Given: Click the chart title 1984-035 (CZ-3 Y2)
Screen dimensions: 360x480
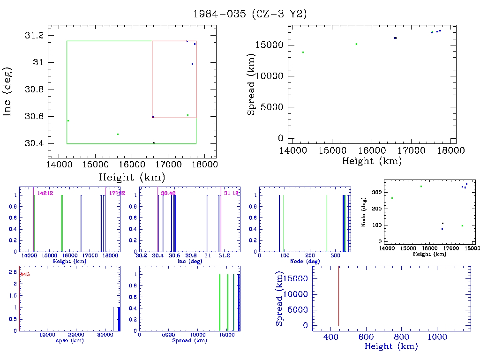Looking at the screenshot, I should coord(250,14).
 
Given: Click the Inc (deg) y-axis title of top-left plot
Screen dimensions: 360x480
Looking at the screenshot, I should coord(8,91).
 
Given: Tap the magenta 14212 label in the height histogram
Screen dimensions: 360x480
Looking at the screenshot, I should coord(45,193).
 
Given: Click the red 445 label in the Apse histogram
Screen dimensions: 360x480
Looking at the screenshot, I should coord(24,274).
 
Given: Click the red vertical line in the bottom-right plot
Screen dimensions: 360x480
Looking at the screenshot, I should coord(338,295).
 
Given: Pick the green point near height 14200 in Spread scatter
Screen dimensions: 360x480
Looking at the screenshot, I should coord(303,52).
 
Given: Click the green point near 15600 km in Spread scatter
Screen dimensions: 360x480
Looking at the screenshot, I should coord(356,44).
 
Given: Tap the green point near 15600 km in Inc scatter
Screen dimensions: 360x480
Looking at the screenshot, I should coord(118,134).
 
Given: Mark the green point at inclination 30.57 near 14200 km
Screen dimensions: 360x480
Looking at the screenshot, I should coord(68,120).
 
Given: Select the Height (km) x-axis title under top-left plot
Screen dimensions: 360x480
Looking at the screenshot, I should coord(132,177).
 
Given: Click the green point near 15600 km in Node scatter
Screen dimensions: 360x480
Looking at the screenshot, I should coord(421,186).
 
